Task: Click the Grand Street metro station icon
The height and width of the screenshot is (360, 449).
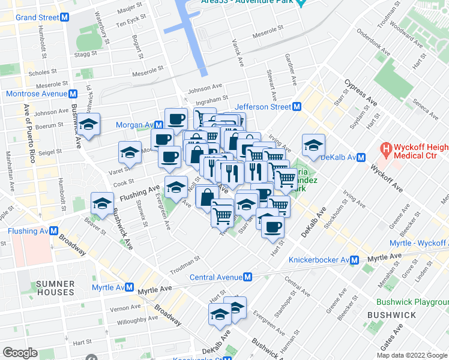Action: tap(65, 17)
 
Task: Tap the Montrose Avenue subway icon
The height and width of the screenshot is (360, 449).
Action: tap(73, 94)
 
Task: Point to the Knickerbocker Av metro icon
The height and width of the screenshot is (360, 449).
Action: tap(355, 260)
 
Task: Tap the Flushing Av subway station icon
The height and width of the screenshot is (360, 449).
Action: tap(53, 231)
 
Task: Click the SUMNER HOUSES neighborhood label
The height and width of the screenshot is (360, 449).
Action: tap(55, 288)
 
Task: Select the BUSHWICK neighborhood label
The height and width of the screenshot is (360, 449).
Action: tap(391, 314)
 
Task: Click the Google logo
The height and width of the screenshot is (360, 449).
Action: tap(19, 353)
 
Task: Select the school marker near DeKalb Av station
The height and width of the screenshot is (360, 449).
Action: tap(313, 146)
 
